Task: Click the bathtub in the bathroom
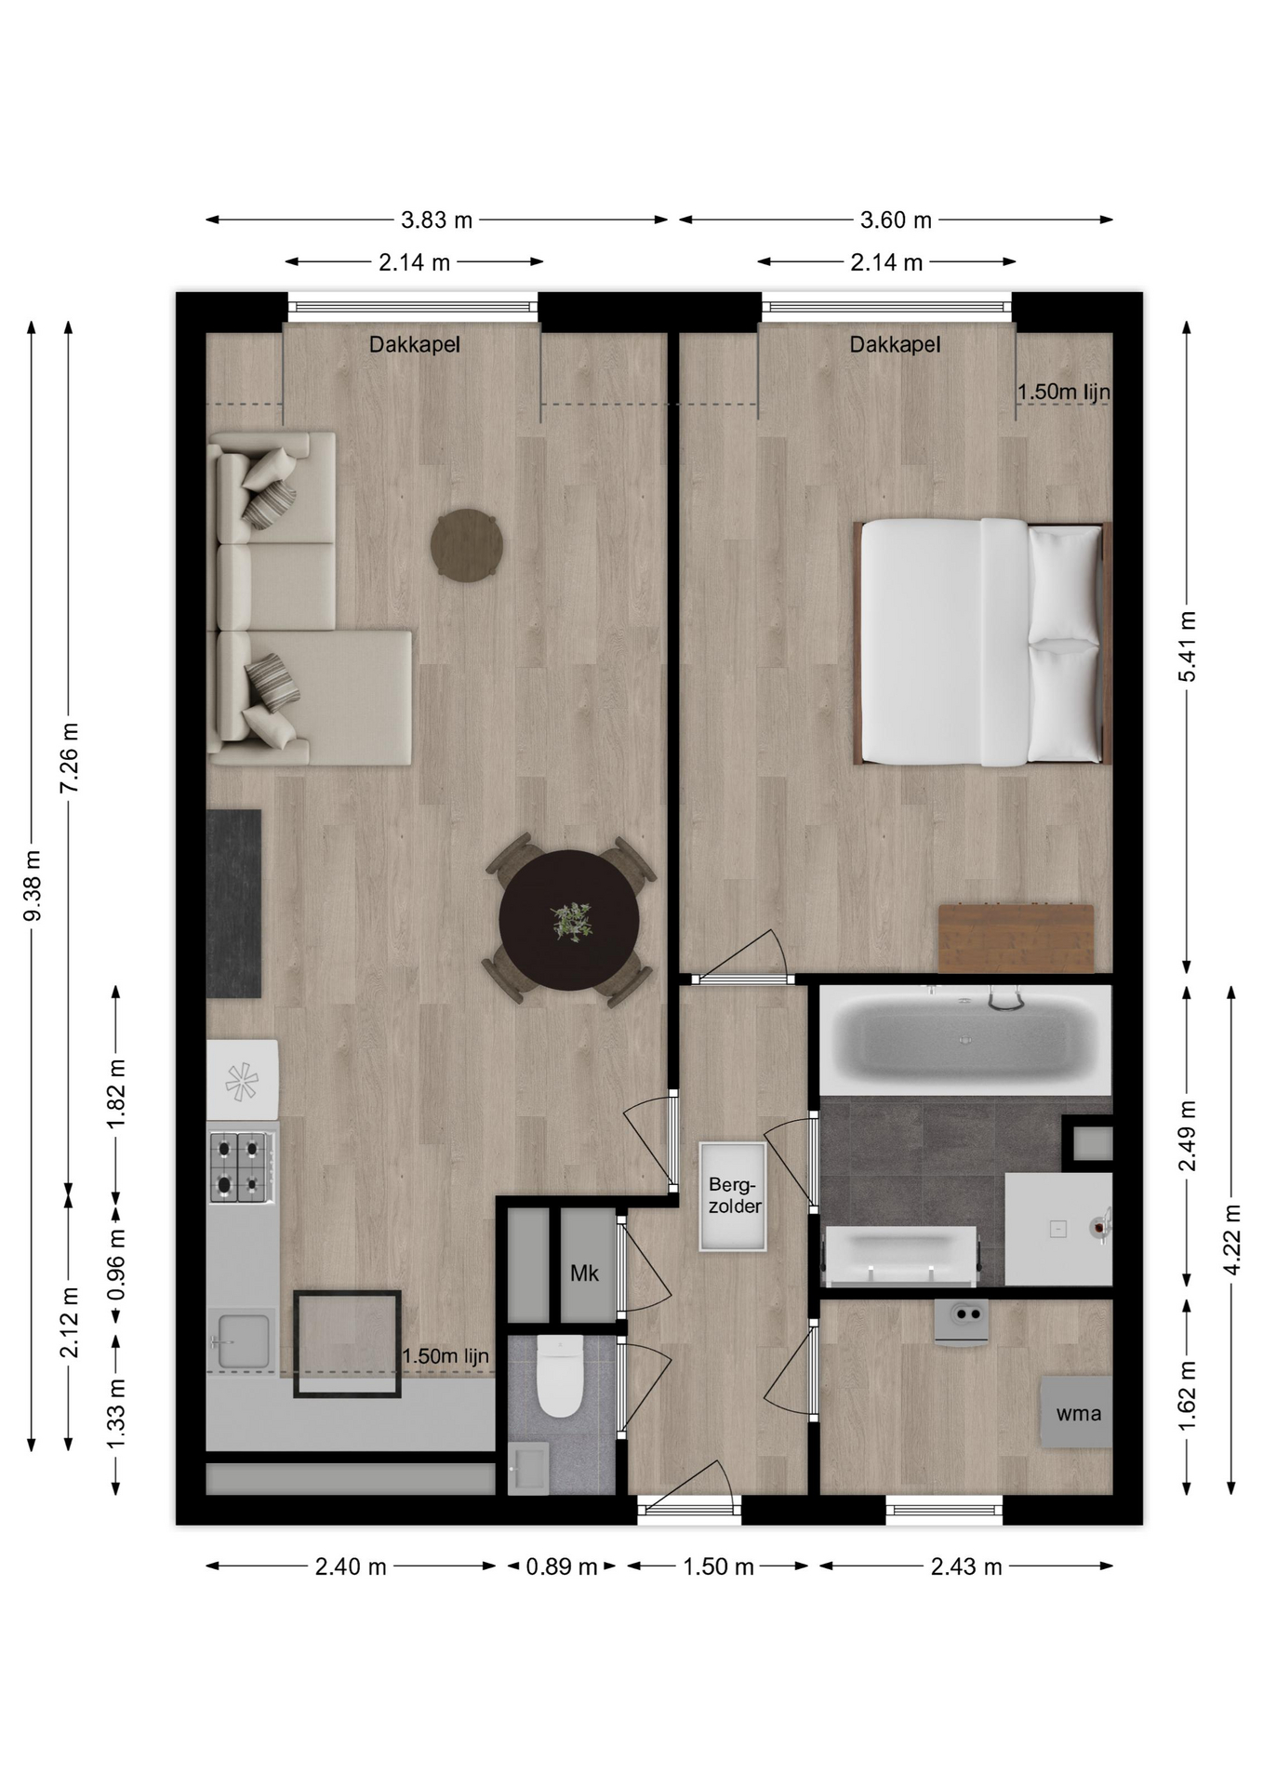click(x=965, y=1040)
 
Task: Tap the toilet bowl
click(x=560, y=1376)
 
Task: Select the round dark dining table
click(x=569, y=920)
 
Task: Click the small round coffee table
click(x=468, y=546)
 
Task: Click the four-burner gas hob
click(x=241, y=1166)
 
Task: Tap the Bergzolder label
click(x=735, y=1195)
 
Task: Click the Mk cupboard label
click(x=584, y=1273)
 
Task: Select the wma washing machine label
click(x=1078, y=1413)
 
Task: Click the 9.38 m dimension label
click(x=33, y=886)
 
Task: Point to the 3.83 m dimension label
click(x=436, y=220)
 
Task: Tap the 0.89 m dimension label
click(x=561, y=1566)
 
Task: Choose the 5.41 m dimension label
click(x=1188, y=646)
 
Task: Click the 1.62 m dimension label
click(x=1188, y=1396)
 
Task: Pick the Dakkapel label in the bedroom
click(x=895, y=345)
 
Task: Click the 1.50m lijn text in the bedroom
click(x=1064, y=392)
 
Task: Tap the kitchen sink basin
click(x=242, y=1340)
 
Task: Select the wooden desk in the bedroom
click(x=1016, y=938)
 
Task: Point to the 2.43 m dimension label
click(x=966, y=1566)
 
